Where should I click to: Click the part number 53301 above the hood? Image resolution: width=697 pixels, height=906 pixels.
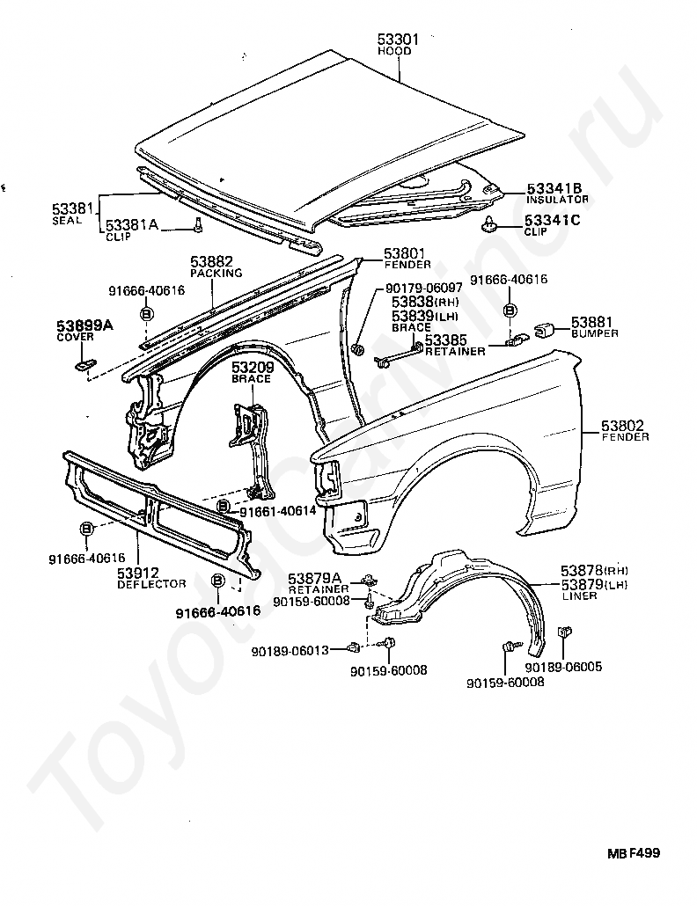pos(399,40)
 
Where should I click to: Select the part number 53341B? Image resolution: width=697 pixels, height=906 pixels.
pos(554,188)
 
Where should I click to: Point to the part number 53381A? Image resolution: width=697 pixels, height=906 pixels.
pos(132,225)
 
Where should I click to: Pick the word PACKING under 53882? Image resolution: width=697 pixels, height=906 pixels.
pos(216,274)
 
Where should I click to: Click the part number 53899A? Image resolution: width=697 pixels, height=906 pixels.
pos(85,325)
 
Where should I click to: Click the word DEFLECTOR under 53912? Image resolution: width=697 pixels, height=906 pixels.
pos(151,583)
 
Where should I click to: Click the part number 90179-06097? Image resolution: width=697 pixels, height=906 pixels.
pos(424,289)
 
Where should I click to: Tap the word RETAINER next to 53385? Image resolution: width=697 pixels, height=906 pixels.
pos(455,351)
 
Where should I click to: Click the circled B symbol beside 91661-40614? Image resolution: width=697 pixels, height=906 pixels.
pos(224,508)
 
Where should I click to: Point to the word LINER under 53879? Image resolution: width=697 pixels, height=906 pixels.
pos(579,595)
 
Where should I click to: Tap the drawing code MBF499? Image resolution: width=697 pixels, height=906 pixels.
pos(632,853)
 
